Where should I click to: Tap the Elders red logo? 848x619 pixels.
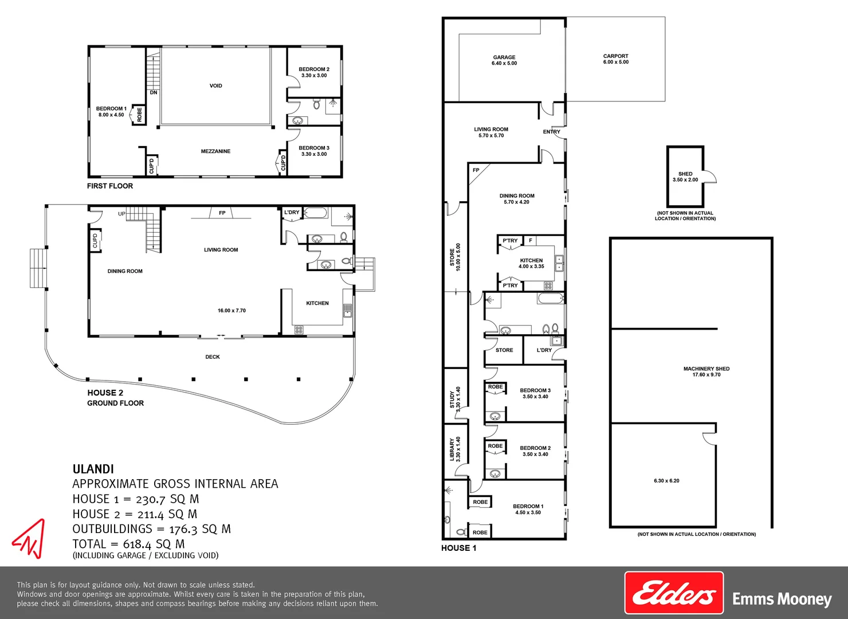pyautogui.click(x=674, y=593)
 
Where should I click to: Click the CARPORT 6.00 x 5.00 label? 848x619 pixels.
pyautogui.click(x=615, y=59)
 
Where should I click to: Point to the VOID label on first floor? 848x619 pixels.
pyautogui.click(x=215, y=86)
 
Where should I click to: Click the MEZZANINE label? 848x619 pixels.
pyautogui.click(x=215, y=151)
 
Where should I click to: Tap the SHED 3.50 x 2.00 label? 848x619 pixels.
pyautogui.click(x=685, y=177)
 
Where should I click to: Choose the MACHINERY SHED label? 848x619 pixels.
pyautogui.click(x=706, y=371)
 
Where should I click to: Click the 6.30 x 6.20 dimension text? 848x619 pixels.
pyautogui.click(x=666, y=481)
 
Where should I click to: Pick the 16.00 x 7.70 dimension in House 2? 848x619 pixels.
pyautogui.click(x=231, y=311)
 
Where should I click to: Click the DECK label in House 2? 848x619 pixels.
pyautogui.click(x=213, y=357)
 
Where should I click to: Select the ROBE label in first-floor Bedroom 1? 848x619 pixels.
pyautogui.click(x=139, y=115)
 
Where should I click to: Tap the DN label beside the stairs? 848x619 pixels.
pyautogui.click(x=154, y=92)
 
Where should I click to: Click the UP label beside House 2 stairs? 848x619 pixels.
pyautogui.click(x=121, y=214)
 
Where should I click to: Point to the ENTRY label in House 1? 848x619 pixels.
pyautogui.click(x=551, y=132)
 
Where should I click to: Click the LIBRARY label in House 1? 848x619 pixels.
pyautogui.click(x=455, y=449)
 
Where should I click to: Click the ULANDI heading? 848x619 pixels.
pyautogui.click(x=93, y=469)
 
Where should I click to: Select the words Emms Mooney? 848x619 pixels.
pyautogui.click(x=782, y=600)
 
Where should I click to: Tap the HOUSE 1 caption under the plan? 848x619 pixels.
pyautogui.click(x=458, y=548)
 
